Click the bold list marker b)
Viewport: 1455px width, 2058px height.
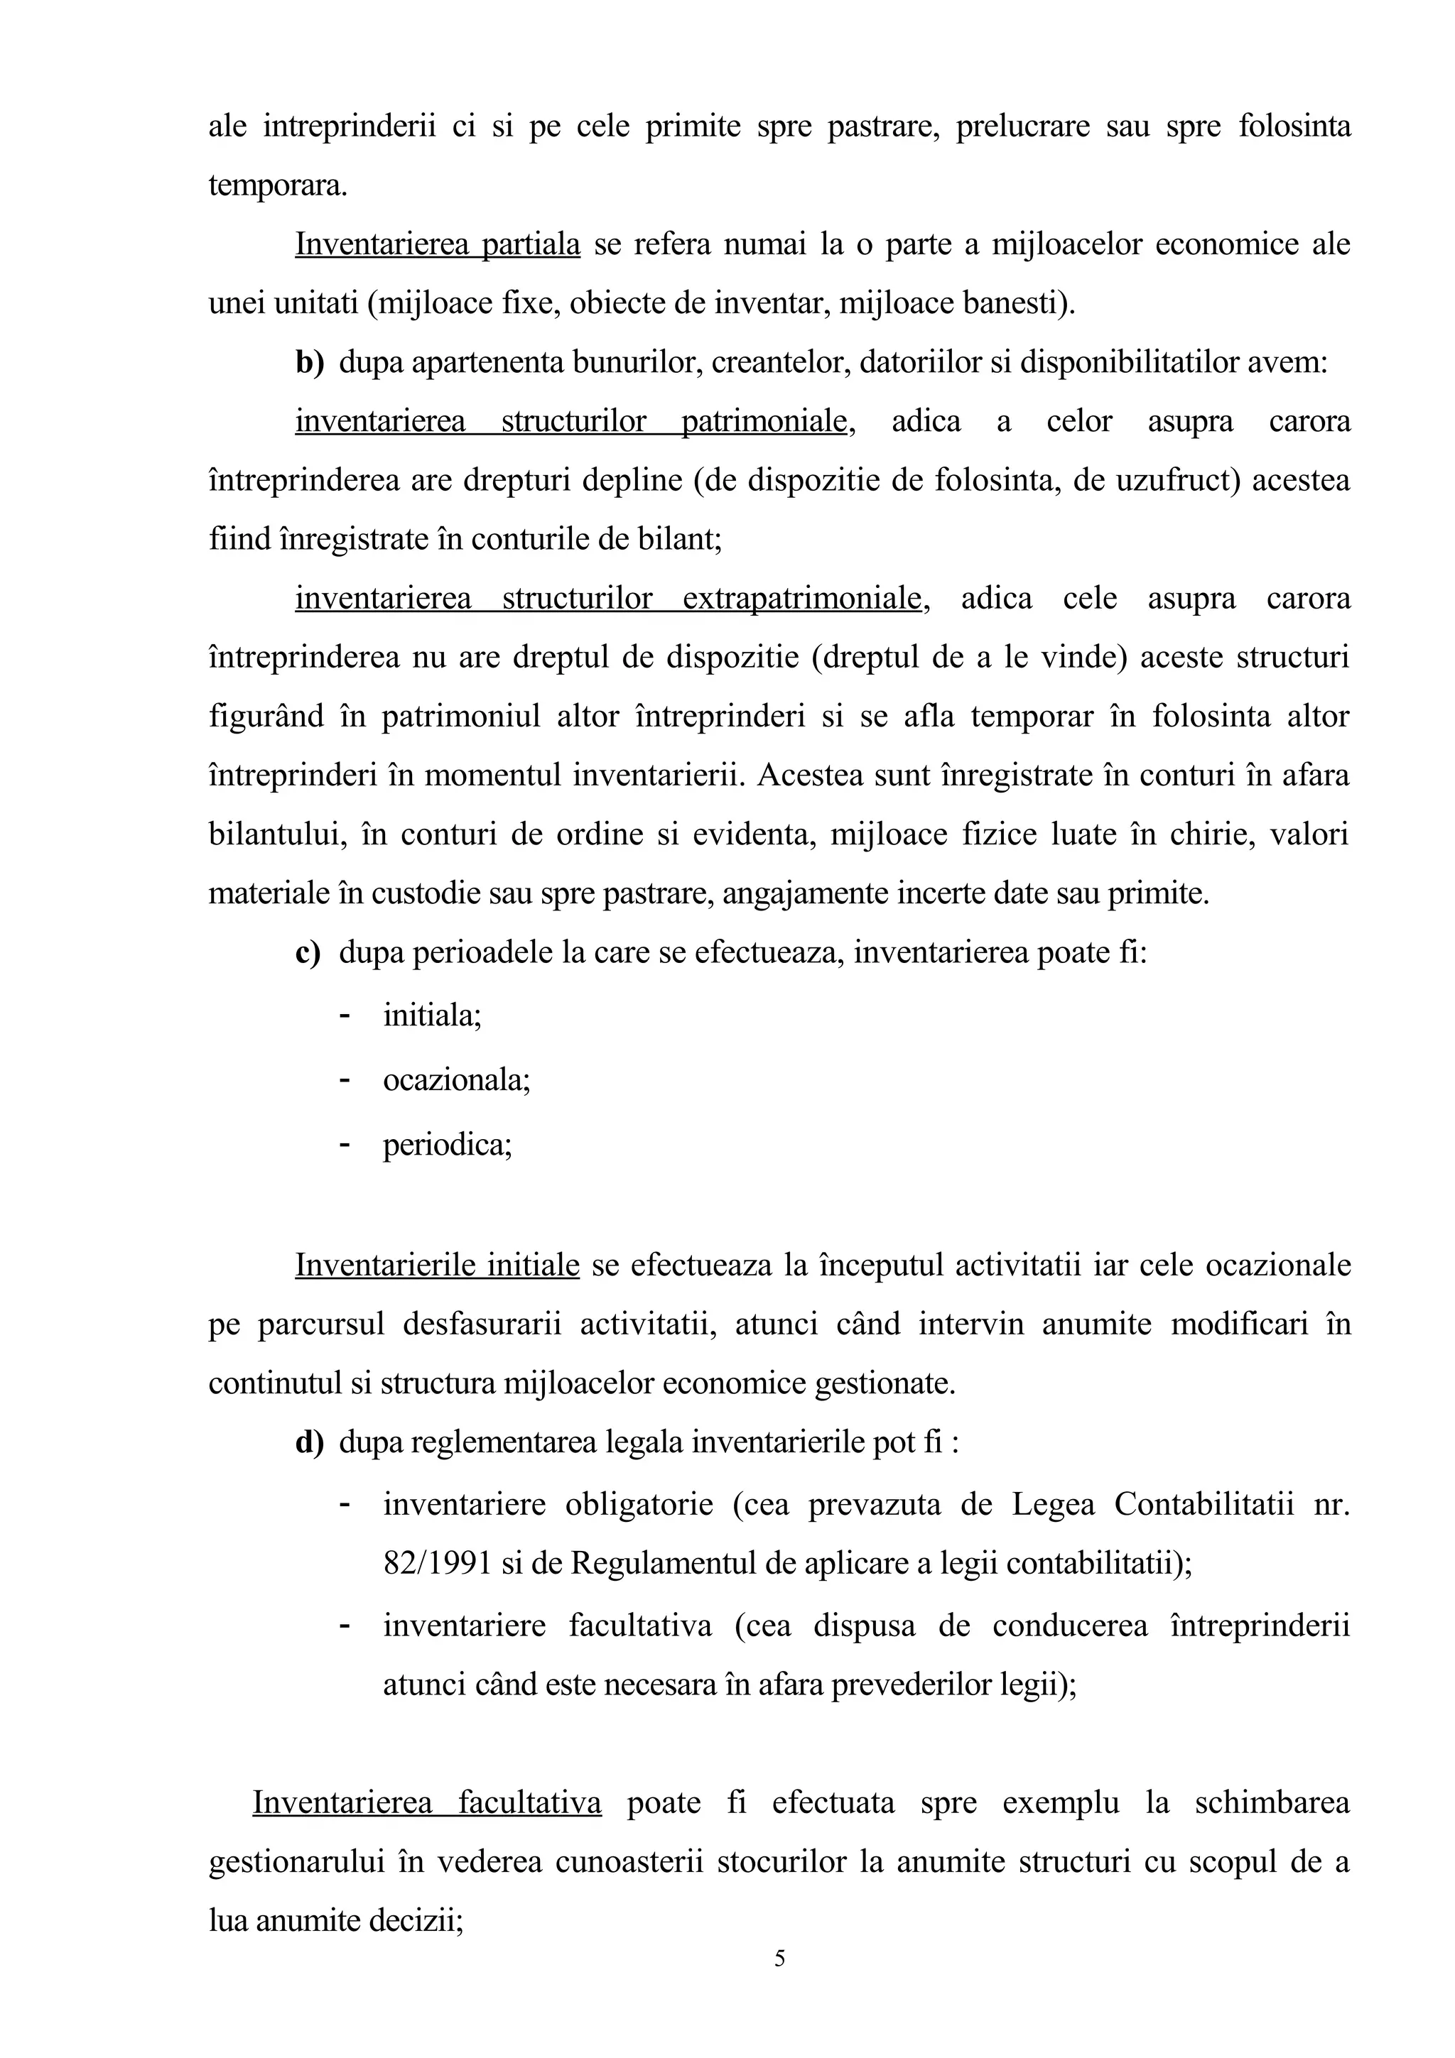[308, 362]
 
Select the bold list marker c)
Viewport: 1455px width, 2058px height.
[308, 952]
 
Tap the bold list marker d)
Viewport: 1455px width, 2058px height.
[308, 1442]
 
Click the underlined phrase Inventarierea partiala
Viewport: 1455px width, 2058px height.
[438, 244]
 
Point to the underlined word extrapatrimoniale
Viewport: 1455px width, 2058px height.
[804, 598]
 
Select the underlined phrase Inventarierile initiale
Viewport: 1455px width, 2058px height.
[438, 1265]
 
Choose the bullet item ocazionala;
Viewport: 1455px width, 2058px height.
[456, 1080]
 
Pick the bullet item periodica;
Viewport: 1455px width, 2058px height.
[448, 1145]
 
